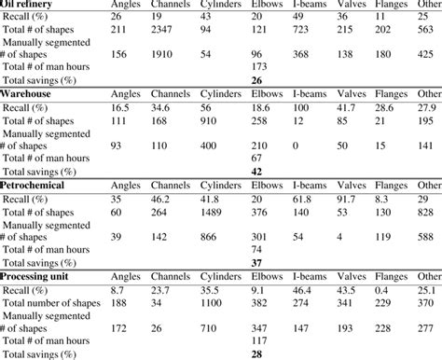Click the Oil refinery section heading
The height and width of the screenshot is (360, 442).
click(29, 5)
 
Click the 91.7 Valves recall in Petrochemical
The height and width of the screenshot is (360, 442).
click(345, 199)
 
